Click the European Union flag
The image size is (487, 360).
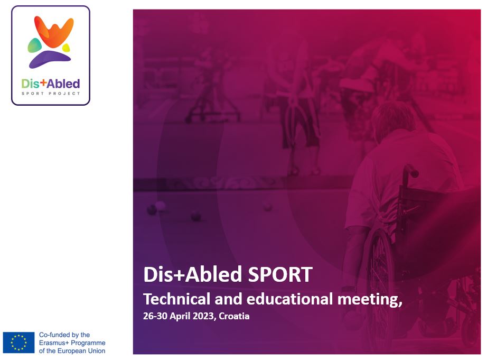tap(18, 342)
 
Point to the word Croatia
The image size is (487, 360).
tap(234, 316)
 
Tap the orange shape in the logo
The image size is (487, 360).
tap(54, 31)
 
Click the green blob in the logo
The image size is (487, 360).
tap(34, 45)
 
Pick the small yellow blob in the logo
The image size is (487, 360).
tap(66, 48)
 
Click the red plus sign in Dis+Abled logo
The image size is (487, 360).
tap(43, 82)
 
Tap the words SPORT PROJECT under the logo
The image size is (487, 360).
tap(51, 93)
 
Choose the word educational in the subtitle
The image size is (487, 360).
tap(289, 299)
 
